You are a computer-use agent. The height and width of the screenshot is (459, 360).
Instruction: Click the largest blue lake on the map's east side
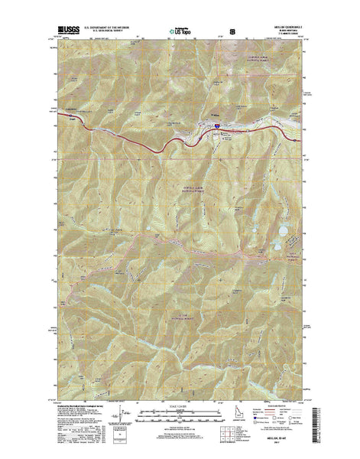[x=283, y=229]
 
